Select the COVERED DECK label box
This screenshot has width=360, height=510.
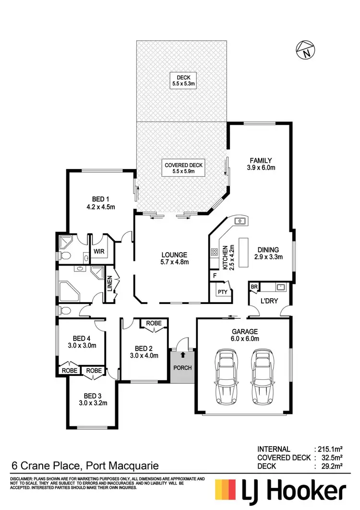[x=184, y=168]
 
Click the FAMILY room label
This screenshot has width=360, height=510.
[x=261, y=164]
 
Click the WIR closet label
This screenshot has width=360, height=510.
[x=99, y=251]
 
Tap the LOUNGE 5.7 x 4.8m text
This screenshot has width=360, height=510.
[x=174, y=258]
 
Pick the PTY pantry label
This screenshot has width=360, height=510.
[x=221, y=292]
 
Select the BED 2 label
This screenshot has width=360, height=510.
[x=144, y=352]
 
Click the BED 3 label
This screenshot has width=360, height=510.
[x=93, y=399]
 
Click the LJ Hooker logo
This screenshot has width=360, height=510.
[x=281, y=492]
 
